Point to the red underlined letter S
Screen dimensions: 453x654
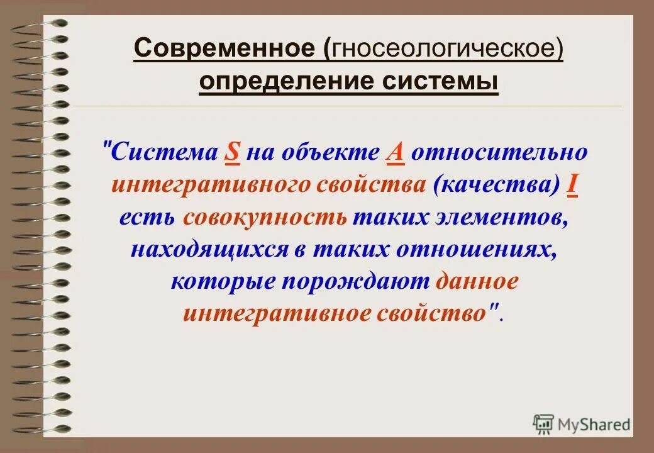[233, 152]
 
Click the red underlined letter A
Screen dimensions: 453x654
[396, 152]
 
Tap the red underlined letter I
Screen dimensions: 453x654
[572, 184]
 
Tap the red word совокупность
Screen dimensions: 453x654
[265, 217]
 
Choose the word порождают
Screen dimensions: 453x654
[355, 281]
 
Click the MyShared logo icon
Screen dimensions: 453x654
[543, 425]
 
